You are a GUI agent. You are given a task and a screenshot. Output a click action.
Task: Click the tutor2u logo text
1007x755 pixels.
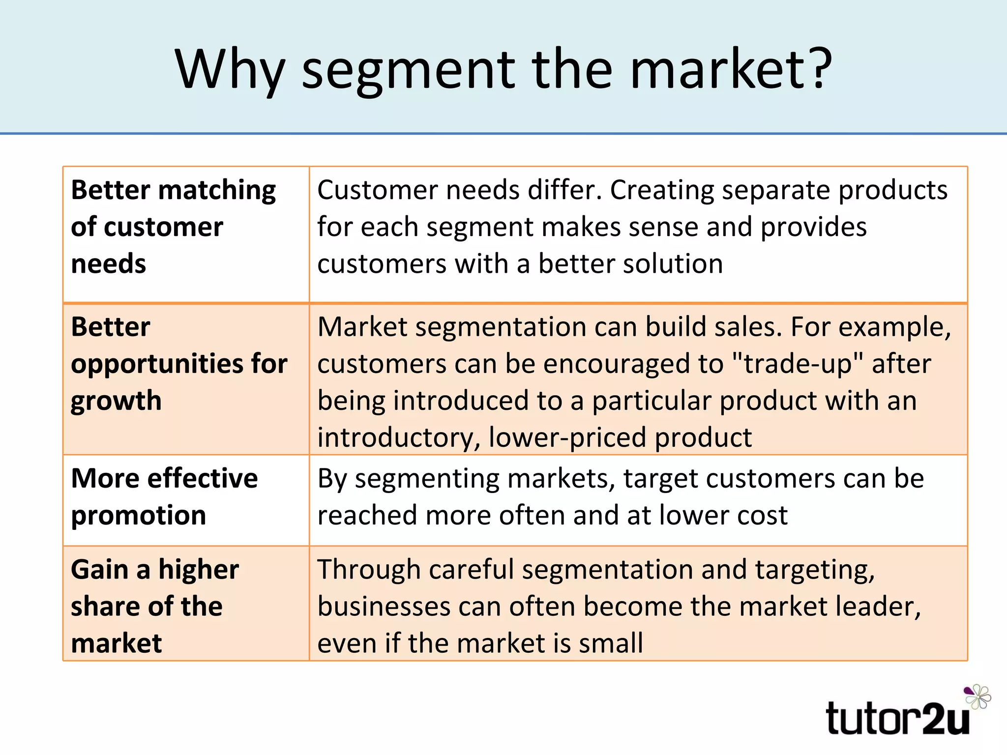click(x=897, y=718)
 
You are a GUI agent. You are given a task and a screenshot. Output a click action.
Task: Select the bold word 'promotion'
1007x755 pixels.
click(x=138, y=516)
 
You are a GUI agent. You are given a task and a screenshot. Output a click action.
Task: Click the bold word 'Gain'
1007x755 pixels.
click(x=99, y=570)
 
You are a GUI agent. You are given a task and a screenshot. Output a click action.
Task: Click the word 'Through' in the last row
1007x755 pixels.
click(x=369, y=570)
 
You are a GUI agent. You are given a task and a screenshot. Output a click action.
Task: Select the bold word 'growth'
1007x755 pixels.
click(x=116, y=401)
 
